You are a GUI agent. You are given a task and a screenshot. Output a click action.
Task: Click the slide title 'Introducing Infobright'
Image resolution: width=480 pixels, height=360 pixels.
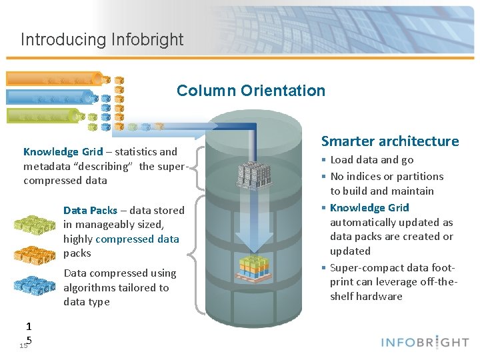102,39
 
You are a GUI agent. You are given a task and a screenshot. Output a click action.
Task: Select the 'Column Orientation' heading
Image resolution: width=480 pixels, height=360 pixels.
251,91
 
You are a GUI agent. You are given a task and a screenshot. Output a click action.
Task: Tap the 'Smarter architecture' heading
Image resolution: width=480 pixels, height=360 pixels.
390,141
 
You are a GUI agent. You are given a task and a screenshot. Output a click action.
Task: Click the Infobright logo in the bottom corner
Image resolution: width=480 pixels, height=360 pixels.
425,342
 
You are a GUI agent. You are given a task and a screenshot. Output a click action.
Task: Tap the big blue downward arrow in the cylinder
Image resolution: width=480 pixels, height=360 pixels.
253,220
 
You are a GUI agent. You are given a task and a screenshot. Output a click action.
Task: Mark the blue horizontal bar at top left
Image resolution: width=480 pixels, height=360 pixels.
50,97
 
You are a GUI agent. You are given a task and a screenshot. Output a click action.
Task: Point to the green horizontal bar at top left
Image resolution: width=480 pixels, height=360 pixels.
47,115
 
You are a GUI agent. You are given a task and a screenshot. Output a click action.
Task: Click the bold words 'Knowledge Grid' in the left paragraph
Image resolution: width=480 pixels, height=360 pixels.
63,152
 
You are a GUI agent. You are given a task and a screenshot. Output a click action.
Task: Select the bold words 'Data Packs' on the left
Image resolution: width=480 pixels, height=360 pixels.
90,210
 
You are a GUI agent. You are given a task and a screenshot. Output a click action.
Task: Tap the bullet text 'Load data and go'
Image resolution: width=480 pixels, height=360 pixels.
372,160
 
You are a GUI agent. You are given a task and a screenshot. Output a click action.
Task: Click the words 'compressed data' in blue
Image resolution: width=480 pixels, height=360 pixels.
137,239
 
